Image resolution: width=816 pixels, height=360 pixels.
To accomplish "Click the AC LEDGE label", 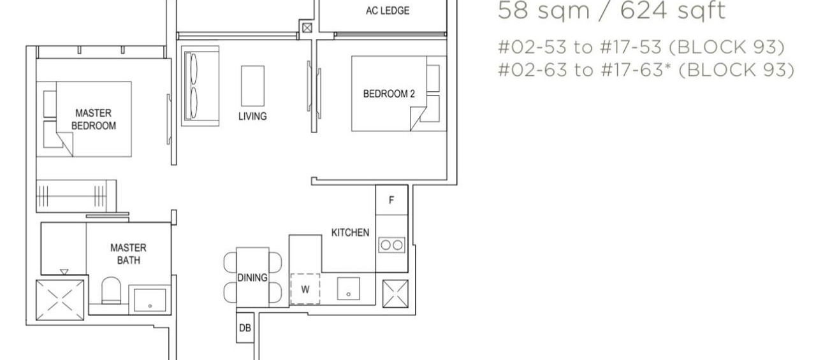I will [388, 11].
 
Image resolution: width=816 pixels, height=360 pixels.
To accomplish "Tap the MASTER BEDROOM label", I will [94, 119].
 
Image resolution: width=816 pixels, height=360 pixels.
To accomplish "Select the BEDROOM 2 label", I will [389, 94].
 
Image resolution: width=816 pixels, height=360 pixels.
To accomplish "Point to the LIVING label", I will [252, 117].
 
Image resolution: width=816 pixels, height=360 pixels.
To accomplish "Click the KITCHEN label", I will [350, 233].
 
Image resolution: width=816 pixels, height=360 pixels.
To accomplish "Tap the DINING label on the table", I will [252, 278].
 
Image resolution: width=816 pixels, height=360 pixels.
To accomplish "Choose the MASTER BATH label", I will [128, 254].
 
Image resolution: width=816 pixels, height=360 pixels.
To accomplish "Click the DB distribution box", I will [244, 328].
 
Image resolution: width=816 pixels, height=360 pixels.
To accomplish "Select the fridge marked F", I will [391, 199].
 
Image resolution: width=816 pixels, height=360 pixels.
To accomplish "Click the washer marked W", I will [305, 289].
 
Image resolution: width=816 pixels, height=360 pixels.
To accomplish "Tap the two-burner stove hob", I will [391, 244].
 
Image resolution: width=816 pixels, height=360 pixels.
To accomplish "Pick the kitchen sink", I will [348, 288].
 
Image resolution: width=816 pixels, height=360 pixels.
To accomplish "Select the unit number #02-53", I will [530, 48].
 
